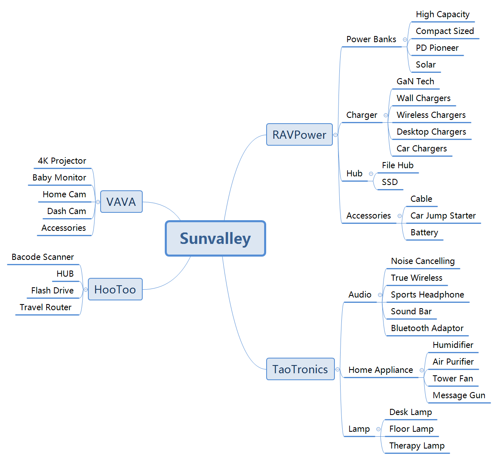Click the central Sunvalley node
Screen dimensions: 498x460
215,238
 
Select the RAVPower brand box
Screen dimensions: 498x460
299,135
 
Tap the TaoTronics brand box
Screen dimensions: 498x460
300,369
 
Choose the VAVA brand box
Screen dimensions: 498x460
121,202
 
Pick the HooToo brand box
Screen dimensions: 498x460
115,289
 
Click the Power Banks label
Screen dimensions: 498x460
371,39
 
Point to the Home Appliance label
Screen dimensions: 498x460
380,370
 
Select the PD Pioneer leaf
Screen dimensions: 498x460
437,48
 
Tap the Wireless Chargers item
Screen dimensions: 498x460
431,115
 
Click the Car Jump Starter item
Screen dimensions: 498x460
443,216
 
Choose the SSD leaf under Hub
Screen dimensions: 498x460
389,182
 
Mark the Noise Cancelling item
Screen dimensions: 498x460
422,261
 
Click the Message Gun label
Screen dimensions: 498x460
459,395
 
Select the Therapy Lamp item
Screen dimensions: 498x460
417,446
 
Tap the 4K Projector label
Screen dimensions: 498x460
62,161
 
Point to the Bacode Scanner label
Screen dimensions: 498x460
43,257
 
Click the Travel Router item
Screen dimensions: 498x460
45,307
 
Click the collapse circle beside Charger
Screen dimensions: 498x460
386,115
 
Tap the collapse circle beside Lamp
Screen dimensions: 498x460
378,429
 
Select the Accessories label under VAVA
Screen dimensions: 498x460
63,228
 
